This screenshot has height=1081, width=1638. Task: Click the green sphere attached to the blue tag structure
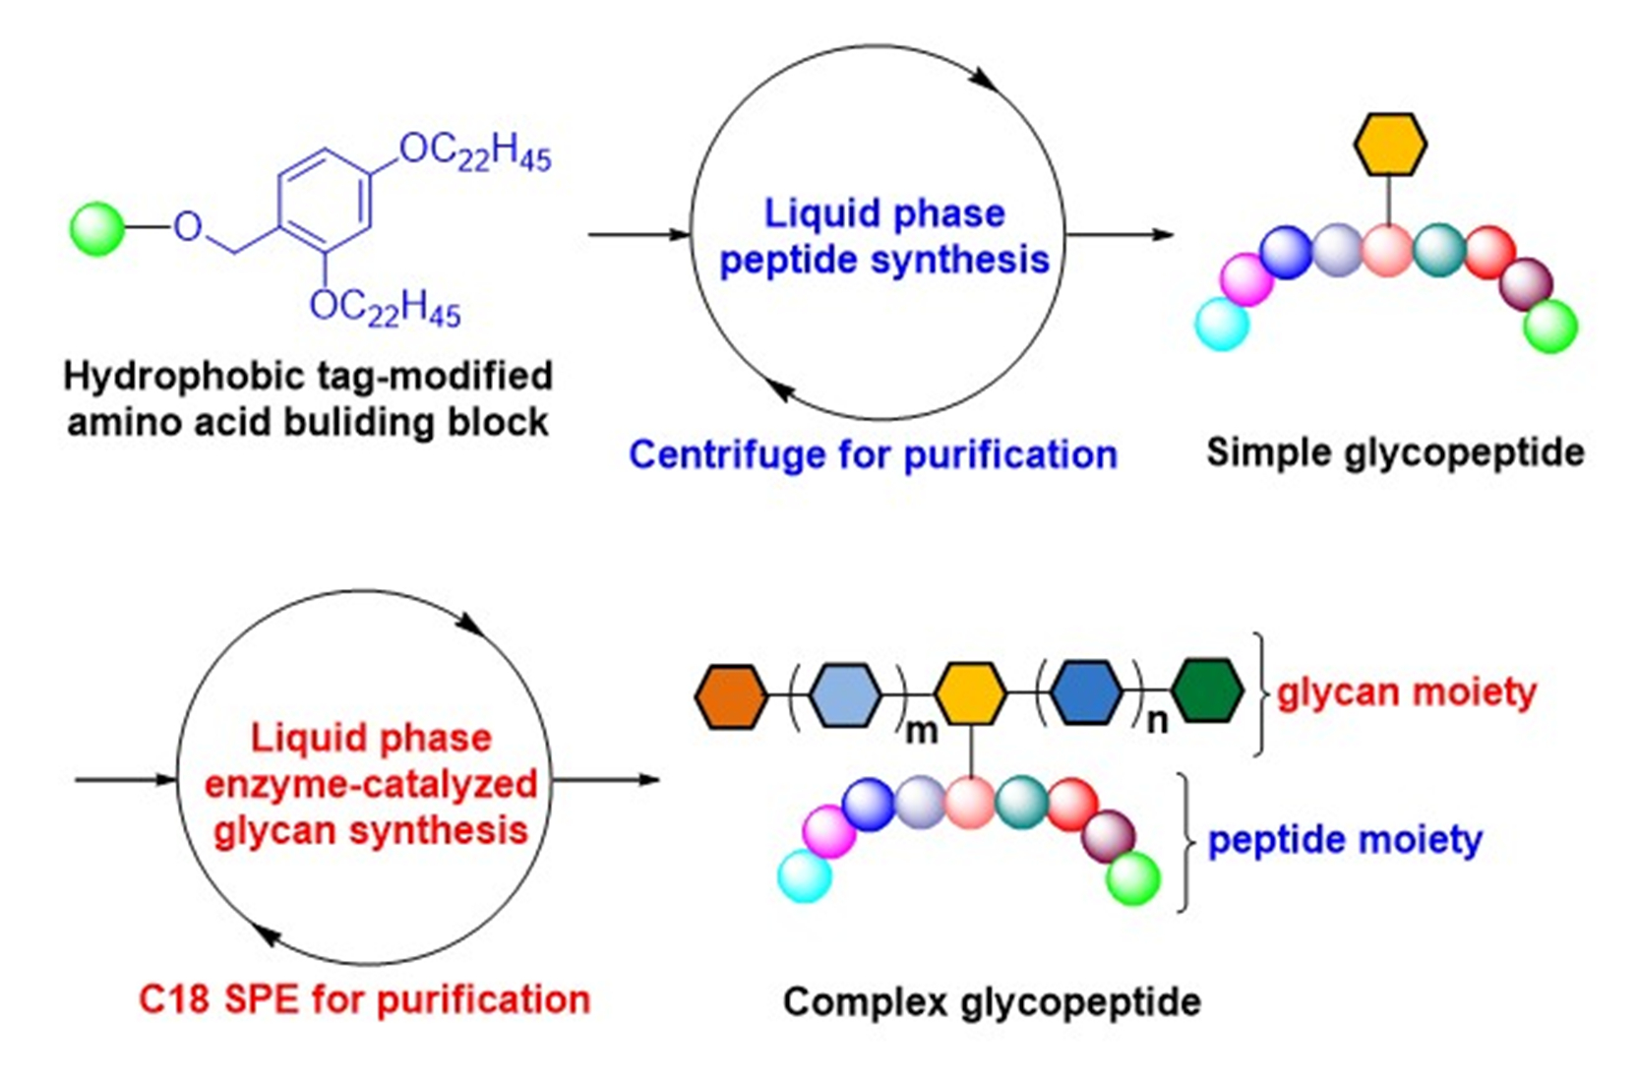click(97, 228)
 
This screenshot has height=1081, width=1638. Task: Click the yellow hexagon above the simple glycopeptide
click(1389, 145)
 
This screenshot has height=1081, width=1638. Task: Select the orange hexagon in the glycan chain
click(730, 696)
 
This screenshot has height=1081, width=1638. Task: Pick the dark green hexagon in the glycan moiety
click(1208, 691)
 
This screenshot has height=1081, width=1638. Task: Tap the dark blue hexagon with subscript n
click(1086, 692)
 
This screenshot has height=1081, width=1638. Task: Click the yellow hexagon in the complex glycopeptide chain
click(970, 693)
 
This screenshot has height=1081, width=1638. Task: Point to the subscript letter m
click(921, 732)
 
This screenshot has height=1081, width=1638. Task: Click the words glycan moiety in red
click(1407, 692)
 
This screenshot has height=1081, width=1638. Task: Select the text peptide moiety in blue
click(1344, 840)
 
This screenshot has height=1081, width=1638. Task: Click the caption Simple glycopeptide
click(1395, 452)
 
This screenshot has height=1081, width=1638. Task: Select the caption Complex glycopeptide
click(992, 1002)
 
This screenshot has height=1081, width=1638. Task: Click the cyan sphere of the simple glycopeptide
click(1222, 324)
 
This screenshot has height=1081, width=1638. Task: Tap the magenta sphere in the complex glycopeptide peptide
click(828, 831)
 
